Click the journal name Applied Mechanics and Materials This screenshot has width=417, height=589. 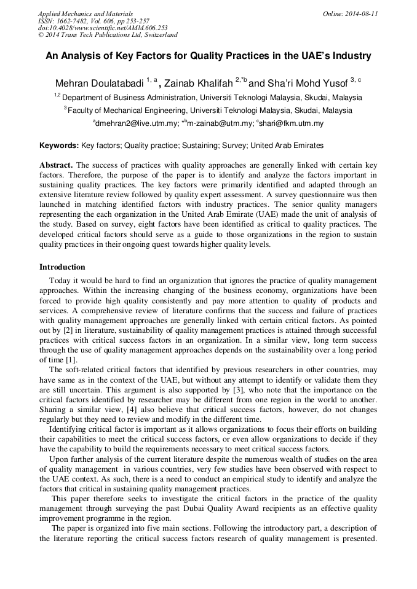click(85, 14)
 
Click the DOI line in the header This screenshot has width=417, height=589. click(103, 28)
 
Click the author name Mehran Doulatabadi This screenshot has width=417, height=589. click(99, 83)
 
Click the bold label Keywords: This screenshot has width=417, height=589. click(59, 146)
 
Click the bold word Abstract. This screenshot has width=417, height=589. click(56, 166)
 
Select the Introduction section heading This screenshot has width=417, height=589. click(62, 267)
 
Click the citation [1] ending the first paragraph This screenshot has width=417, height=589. click(71, 359)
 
